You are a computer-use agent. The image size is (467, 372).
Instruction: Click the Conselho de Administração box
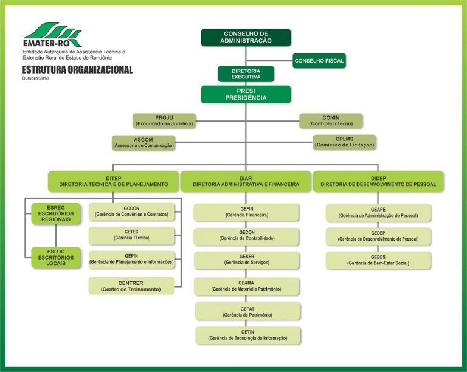246,38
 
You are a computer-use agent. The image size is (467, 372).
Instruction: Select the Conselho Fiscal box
319,61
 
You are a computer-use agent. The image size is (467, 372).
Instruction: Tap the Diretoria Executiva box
246,74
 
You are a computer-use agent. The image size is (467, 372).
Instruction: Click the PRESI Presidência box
246,94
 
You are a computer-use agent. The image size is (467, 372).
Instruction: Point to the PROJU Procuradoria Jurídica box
164,121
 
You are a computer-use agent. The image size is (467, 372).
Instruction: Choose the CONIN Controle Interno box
331,121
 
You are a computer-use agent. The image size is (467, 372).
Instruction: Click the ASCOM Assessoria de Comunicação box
144,143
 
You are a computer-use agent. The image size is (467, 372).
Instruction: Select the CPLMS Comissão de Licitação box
344,142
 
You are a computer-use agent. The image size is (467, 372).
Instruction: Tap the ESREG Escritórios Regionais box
56,214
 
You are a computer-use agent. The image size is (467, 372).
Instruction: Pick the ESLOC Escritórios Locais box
56,258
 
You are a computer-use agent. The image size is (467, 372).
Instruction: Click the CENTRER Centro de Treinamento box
131,286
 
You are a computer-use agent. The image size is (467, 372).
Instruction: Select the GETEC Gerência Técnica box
131,236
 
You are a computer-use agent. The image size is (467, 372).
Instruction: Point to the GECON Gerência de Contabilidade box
247,236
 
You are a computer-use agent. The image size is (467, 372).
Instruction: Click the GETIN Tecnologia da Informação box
248,336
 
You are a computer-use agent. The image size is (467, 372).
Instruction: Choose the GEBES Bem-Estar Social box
378,261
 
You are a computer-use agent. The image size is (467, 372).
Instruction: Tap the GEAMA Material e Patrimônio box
246,286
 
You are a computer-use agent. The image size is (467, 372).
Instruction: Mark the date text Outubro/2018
35,78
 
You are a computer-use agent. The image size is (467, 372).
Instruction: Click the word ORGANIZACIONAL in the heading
100,70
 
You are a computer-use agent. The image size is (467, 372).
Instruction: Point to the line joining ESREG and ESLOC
56,236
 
